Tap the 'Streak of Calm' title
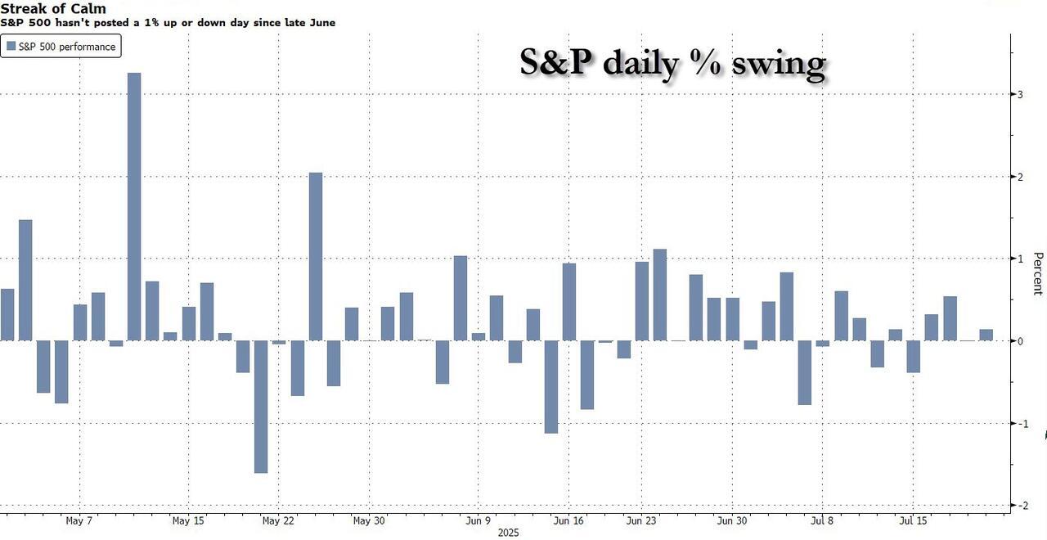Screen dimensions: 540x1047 pyautogui.click(x=53, y=9)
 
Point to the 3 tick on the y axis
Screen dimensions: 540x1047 pyautogui.click(x=1019, y=95)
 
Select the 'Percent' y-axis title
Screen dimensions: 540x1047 pyautogui.click(x=1037, y=273)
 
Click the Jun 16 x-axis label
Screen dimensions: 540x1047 pyautogui.click(x=569, y=520)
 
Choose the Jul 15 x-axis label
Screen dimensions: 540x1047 pyautogui.click(x=914, y=520)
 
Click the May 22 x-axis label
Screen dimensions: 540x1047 pyautogui.click(x=278, y=520)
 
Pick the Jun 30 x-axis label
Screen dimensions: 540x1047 pyautogui.click(x=731, y=520)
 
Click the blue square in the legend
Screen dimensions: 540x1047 pyautogui.click(x=11, y=47)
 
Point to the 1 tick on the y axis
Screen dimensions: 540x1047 pyautogui.click(x=1019, y=259)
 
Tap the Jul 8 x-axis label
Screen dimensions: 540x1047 pyautogui.click(x=824, y=520)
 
